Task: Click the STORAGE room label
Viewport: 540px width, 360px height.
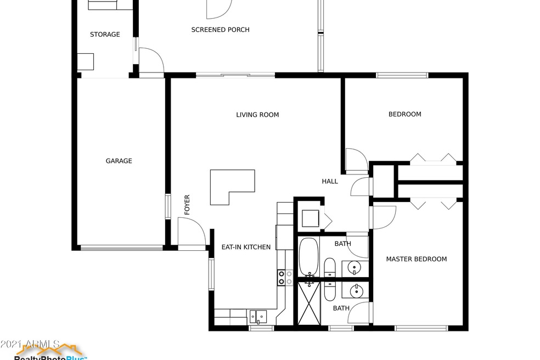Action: pyautogui.click(x=105, y=35)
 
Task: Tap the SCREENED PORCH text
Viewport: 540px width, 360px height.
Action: pyautogui.click(x=220, y=30)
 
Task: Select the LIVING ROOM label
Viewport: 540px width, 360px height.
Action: pyautogui.click(x=257, y=115)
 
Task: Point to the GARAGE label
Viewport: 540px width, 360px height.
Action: pyautogui.click(x=119, y=161)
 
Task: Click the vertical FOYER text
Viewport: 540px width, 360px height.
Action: pyautogui.click(x=187, y=205)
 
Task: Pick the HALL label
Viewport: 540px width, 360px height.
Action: pyautogui.click(x=329, y=181)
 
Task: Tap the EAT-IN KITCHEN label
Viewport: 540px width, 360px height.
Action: pyautogui.click(x=245, y=247)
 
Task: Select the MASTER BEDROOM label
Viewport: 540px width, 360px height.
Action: pyautogui.click(x=416, y=259)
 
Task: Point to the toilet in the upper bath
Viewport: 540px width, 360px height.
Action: pyautogui.click(x=330, y=267)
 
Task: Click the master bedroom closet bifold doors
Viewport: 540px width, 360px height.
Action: pyautogui.click(x=434, y=204)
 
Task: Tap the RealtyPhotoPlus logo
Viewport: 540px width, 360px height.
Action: pyautogui.click(x=49, y=351)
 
